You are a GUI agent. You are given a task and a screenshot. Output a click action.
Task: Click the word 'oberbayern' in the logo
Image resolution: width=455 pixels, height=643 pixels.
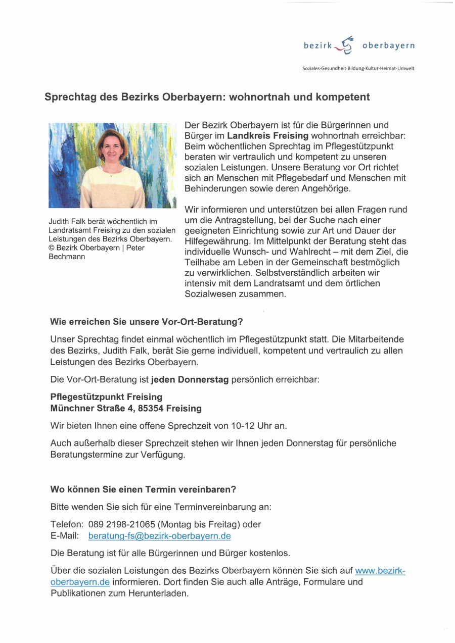click(388, 46)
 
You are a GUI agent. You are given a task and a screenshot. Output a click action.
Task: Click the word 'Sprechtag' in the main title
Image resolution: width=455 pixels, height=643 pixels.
click(70, 96)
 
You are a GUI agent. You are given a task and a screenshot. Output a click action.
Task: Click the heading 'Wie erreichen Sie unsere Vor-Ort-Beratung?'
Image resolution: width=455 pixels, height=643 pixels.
click(147, 321)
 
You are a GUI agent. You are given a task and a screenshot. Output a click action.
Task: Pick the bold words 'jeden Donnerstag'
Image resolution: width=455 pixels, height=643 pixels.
click(190, 379)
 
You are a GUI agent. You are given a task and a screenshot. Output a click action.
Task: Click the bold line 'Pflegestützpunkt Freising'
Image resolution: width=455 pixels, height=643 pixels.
click(106, 397)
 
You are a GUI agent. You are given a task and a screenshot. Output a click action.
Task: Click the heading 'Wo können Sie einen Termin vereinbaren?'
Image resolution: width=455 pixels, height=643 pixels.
click(143, 489)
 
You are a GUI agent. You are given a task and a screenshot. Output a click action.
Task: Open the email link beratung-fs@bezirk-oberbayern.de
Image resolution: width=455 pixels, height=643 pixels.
click(159, 535)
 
